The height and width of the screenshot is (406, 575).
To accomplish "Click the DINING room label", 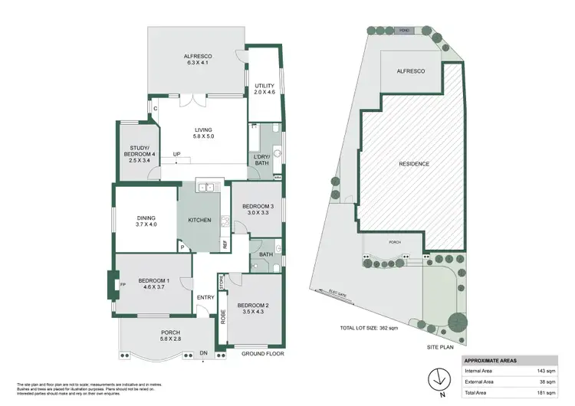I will [x=145, y=220].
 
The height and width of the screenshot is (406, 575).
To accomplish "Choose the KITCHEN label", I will [x=199, y=220].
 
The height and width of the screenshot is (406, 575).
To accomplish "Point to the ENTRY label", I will [x=205, y=298].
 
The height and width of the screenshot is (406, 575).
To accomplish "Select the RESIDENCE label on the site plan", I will [x=414, y=164].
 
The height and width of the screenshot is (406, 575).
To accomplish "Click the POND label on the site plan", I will [x=405, y=31].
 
